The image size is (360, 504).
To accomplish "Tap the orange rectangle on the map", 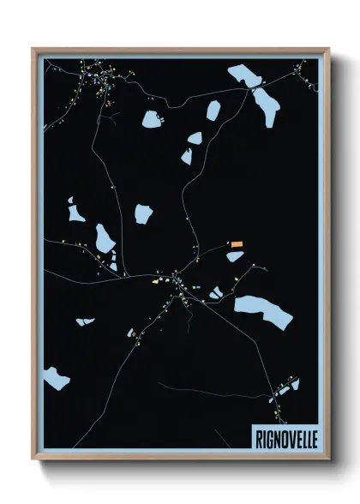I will click(236, 245).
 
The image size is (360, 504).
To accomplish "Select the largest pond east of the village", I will click(263, 310).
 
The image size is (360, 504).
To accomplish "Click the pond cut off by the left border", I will click(56, 376).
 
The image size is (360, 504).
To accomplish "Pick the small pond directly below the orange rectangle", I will click(234, 256).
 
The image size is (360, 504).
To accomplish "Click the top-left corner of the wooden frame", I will click(33, 49).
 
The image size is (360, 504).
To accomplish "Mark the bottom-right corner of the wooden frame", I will click(329, 460).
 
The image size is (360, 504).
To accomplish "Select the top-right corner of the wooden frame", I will click(329, 49).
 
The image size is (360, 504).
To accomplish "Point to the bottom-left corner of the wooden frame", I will click(33, 460).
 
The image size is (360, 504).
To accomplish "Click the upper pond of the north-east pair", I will click(243, 76).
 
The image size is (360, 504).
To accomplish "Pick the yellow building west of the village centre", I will click(157, 280).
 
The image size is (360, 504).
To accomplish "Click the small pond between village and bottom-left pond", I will click(85, 321).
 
